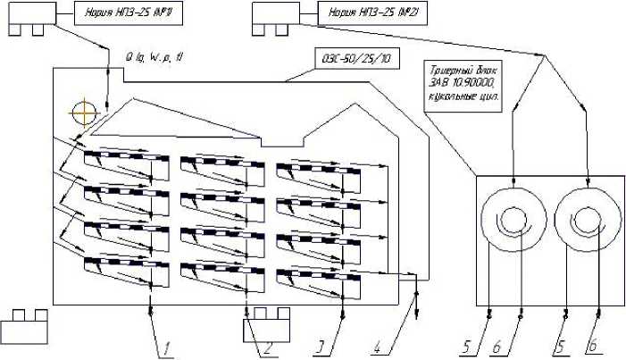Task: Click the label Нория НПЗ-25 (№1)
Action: [111, 15]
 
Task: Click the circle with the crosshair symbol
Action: [84, 113]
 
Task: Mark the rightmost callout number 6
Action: [588, 347]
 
